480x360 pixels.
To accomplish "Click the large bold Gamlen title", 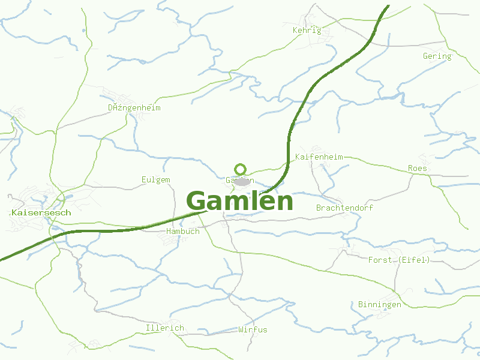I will point(240,201).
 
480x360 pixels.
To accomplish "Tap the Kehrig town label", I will point(307,31).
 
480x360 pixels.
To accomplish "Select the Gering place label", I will point(437,56).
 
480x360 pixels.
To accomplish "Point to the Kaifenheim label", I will point(319,157).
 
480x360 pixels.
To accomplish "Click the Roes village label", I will point(417,169).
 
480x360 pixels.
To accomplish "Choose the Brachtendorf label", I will point(344,208).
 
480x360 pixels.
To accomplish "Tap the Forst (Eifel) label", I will point(399,260).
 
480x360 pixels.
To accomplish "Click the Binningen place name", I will point(379,305).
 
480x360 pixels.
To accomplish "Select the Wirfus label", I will point(253,330).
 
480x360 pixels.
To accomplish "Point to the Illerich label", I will point(164,328).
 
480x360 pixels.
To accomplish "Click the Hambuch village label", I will point(182,232).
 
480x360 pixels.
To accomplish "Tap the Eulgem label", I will point(156,180).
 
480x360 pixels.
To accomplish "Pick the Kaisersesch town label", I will point(41,213).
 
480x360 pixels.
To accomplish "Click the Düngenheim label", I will point(134,108).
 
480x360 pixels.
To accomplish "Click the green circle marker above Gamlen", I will point(241,169).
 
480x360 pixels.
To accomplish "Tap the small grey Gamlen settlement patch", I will point(242,181).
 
